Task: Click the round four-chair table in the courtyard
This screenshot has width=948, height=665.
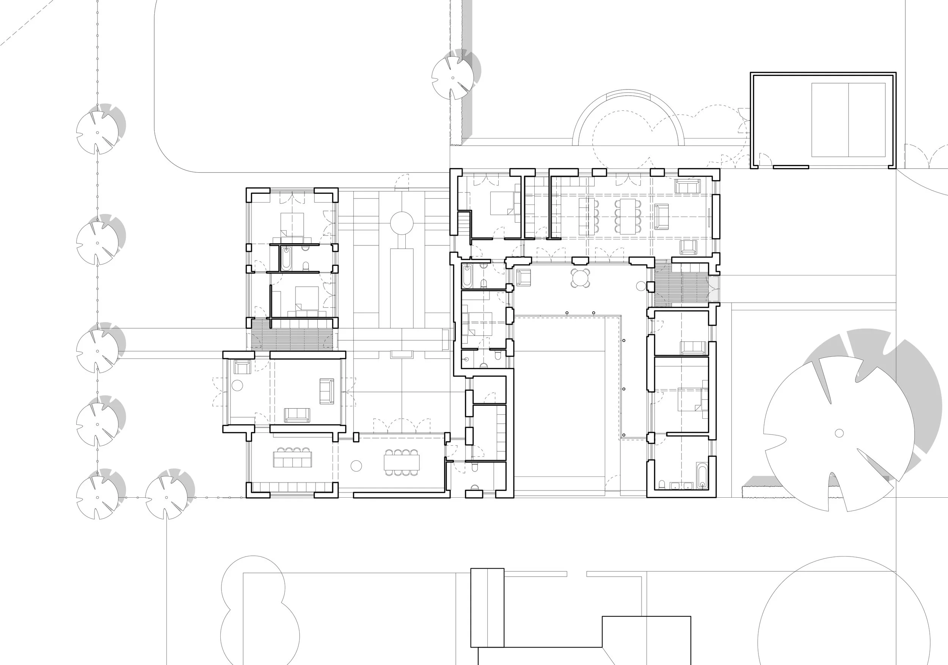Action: click(581, 278)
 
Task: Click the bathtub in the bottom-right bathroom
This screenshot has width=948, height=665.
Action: click(702, 476)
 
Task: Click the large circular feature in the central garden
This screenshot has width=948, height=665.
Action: click(402, 223)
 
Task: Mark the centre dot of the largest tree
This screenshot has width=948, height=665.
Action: click(839, 433)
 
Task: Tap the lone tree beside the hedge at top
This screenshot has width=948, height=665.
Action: click(453, 77)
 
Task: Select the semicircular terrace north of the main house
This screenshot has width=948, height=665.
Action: click(628, 120)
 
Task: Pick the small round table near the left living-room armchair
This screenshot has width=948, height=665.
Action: click(237, 386)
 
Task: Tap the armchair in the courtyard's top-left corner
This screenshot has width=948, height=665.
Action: click(523, 278)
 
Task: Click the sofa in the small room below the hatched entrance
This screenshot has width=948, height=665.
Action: click(693, 348)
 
